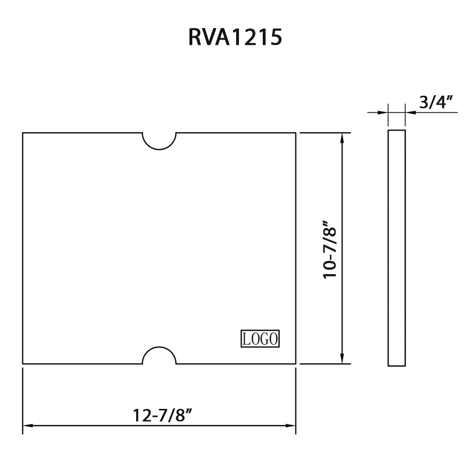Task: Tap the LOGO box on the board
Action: (x=260, y=338)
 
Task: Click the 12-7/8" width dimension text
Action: (x=165, y=415)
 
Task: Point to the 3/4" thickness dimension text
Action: (x=436, y=102)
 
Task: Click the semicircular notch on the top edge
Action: (x=159, y=141)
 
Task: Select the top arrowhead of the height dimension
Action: (x=342, y=138)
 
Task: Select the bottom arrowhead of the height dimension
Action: (x=342, y=359)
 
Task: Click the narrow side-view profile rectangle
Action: (x=397, y=248)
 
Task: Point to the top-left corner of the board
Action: (x=23, y=133)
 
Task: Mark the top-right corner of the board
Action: (x=296, y=133)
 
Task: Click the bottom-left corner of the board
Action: (x=23, y=364)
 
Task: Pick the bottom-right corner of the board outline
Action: (x=296, y=364)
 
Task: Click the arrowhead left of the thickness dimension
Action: (x=383, y=112)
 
